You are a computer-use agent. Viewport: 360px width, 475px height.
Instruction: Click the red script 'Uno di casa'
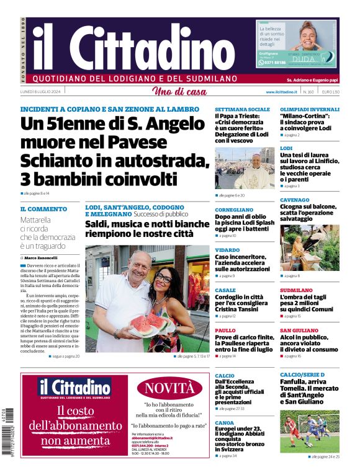179,92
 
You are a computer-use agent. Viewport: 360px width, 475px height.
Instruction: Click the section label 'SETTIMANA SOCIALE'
238,109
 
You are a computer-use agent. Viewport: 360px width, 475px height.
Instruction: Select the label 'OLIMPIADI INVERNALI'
310,109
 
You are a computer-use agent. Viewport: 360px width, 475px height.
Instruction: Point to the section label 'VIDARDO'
227,249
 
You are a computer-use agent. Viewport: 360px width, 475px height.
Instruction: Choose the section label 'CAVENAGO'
294,200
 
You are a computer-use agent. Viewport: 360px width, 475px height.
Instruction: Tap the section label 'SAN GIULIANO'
299,331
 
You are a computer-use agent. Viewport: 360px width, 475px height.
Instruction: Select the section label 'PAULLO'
225,331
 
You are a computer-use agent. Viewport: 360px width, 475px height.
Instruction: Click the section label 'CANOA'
225,422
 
